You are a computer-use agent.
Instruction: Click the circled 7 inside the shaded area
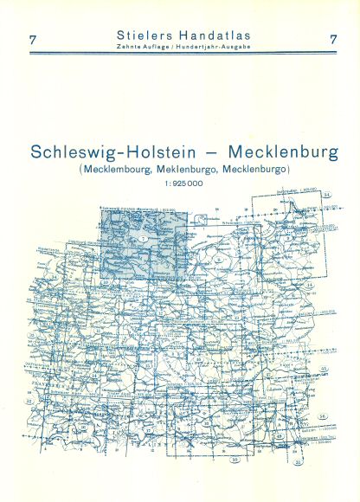(144, 237)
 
